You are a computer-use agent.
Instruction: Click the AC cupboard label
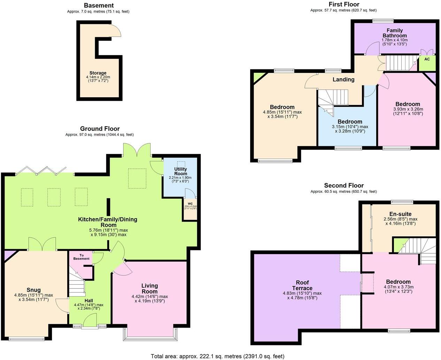pos(427,59)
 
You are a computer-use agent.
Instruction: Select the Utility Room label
pos(181,171)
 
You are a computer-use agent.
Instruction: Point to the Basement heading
pos(99,6)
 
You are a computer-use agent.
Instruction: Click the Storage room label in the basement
pos(98,73)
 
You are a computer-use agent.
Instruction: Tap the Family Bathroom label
pos(395,33)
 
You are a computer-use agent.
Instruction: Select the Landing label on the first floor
pos(343,79)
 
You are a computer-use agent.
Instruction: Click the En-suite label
pos(400,214)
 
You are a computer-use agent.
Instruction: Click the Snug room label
pos(34,290)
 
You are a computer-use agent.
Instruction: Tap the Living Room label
pos(149,289)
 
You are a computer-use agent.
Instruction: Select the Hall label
pos(89,300)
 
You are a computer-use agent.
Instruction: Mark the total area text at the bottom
pos(217,356)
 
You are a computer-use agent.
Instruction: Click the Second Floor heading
pos(343,185)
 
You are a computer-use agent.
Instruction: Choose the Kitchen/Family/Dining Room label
pos(108,222)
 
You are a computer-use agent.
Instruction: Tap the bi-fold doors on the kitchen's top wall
pos(41,171)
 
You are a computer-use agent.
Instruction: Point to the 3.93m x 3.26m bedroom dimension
pos(408,111)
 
